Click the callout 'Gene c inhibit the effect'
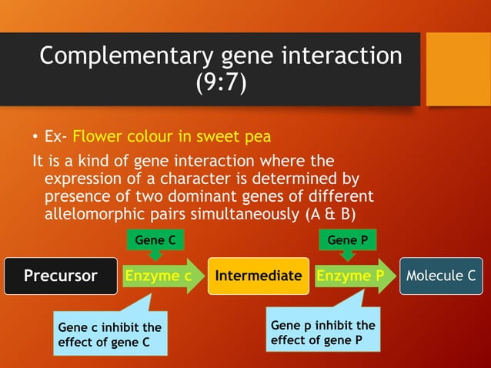click(x=109, y=335)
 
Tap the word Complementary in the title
click(x=115, y=56)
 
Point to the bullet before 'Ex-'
click(x=35, y=139)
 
